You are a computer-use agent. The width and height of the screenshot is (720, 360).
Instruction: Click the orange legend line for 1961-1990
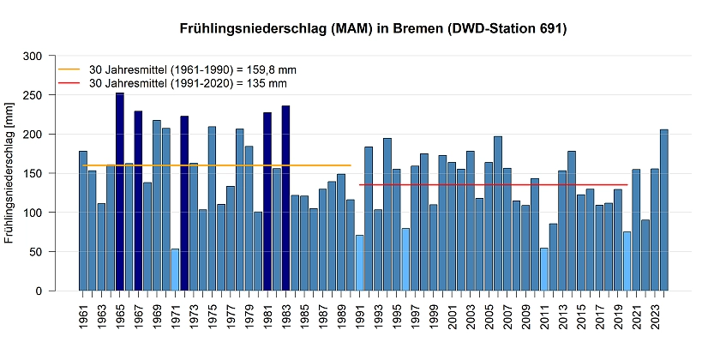pyautogui.click(x=68, y=69)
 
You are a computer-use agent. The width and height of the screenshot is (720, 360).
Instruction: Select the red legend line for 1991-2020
pyautogui.click(x=68, y=83)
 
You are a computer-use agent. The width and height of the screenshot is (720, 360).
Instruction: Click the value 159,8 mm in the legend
pyautogui.click(x=276, y=69)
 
